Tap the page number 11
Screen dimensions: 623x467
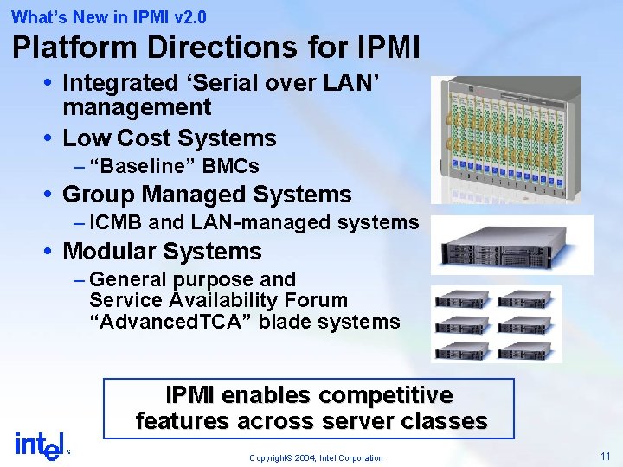605,455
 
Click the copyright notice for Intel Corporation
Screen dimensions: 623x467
316,457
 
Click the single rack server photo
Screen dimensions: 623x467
511,246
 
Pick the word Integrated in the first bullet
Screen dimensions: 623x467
119,83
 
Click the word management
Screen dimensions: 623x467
137,107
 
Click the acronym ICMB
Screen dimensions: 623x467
116,223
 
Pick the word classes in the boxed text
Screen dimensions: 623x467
448,421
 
